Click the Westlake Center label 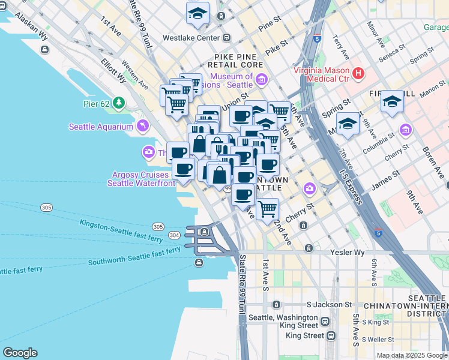click(192, 38)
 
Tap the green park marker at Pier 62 click(119, 103)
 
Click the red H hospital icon click(358, 74)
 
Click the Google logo click(20, 353)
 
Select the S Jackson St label click(328, 305)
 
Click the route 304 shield click(174, 235)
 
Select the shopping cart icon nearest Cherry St click(267, 209)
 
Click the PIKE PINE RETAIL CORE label click(235, 64)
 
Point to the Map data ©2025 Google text click(412, 355)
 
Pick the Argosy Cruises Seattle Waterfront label click(138, 179)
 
